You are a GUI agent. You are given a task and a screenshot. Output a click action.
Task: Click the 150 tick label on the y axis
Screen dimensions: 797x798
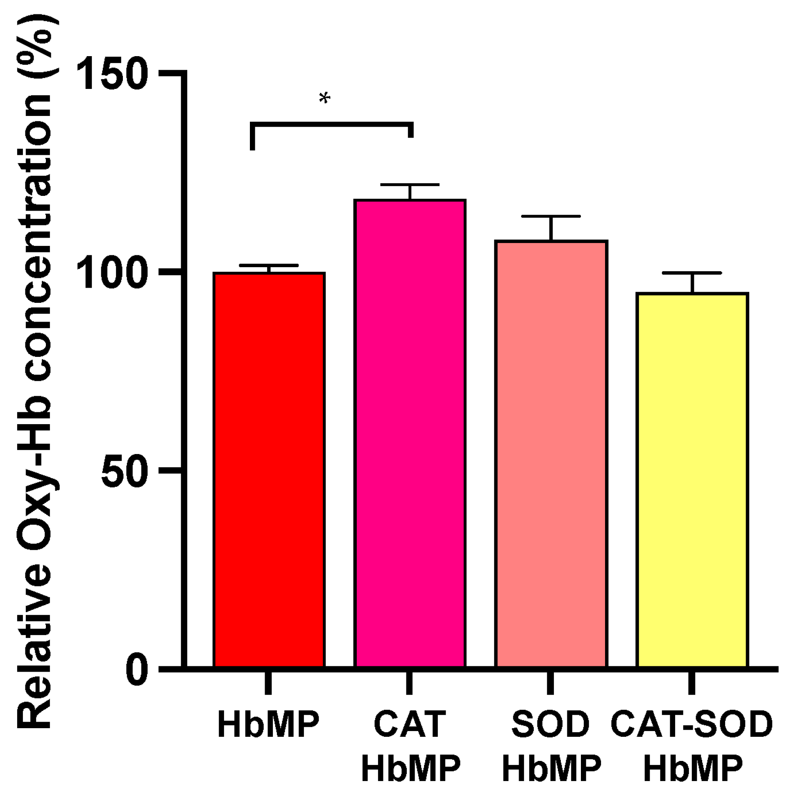(111, 74)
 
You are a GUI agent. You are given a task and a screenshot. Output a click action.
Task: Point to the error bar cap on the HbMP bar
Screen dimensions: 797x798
(269, 265)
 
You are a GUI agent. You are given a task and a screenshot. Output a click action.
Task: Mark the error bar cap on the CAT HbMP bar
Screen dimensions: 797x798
(410, 184)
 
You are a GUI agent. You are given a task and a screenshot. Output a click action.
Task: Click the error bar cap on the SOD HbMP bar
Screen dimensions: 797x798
(551, 216)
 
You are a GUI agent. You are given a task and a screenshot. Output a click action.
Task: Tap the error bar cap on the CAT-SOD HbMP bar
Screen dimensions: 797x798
(692, 273)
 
